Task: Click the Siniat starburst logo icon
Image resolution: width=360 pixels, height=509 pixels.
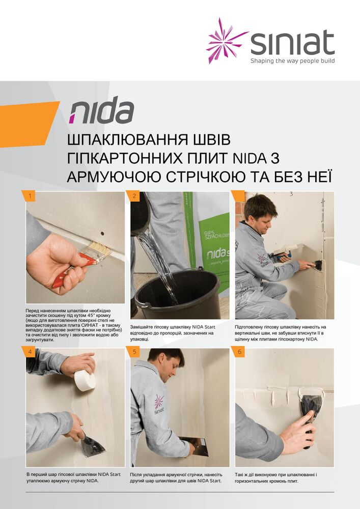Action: click(x=226, y=40)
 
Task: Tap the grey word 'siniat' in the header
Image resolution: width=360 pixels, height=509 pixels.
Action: click(x=292, y=43)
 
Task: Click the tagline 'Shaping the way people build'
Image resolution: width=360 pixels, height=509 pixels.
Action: click(x=292, y=61)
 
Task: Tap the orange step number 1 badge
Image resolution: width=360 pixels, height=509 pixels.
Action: click(x=31, y=196)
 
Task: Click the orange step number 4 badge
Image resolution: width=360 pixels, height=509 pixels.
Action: click(x=31, y=352)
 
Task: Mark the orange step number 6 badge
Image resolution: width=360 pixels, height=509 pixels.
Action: click(x=239, y=352)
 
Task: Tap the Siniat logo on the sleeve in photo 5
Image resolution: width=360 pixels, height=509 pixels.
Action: click(x=159, y=405)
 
